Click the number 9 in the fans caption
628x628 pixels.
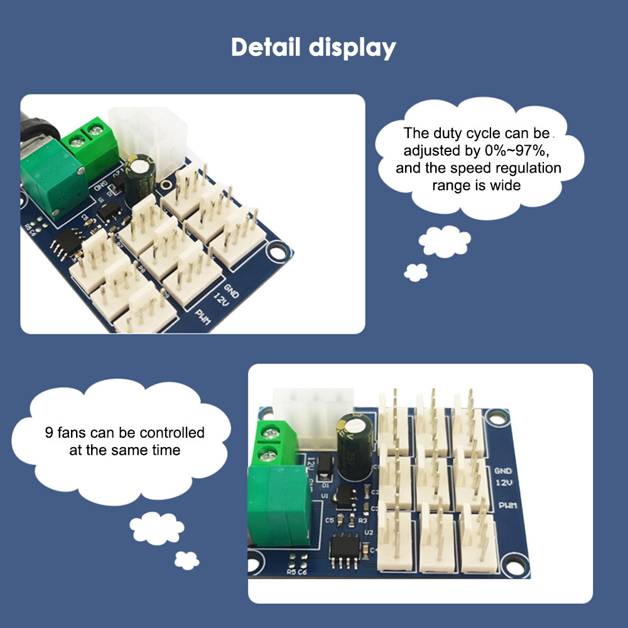point(48,433)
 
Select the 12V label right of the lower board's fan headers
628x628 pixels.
point(504,483)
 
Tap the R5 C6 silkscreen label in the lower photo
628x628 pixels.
point(296,572)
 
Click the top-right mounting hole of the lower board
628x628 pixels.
point(497,417)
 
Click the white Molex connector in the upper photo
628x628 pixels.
point(148,135)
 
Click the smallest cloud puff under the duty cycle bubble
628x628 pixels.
point(416,271)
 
